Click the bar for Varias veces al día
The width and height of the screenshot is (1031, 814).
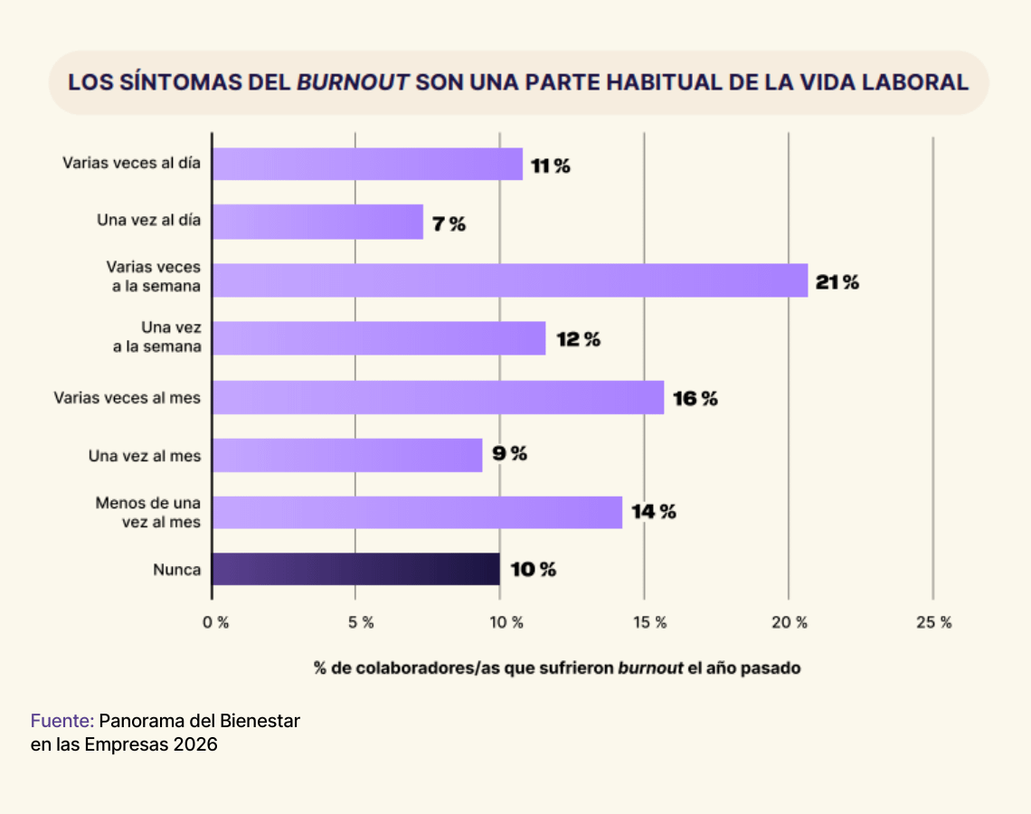point(367,165)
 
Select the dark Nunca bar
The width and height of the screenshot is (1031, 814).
point(355,570)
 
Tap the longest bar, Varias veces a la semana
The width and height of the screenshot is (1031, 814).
point(509,280)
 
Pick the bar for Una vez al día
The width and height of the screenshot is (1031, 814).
point(317,222)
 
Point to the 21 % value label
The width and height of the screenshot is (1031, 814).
point(837,282)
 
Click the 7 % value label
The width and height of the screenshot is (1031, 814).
point(449,224)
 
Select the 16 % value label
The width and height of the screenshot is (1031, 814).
point(695,398)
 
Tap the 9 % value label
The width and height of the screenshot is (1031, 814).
point(510,454)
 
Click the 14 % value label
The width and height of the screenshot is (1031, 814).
point(654,512)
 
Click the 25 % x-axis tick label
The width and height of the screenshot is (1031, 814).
point(934,622)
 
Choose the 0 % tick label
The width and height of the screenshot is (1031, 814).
point(216,622)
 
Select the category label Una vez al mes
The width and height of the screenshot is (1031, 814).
point(145,456)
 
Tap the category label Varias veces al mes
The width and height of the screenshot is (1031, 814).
point(128,397)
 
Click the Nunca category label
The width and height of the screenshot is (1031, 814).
point(177,570)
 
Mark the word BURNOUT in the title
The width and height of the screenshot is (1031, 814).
point(352,82)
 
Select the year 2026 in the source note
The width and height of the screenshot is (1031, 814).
point(196,745)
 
